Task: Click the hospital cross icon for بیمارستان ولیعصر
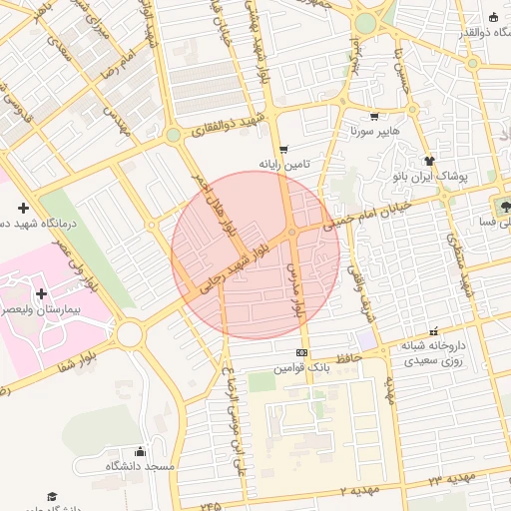pos(40,293)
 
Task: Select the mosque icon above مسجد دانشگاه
pos(140,451)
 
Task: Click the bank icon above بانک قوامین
pos(301,353)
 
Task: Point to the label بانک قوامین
pos(302,368)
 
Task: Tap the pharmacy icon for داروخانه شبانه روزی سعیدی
pos(433,331)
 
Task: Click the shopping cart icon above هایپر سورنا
pos(374,116)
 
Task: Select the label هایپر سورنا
pos(374,131)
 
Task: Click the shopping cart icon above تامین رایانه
pos(284,149)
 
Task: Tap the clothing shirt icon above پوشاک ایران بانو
pos(430,160)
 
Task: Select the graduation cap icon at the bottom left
pos(52,496)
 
